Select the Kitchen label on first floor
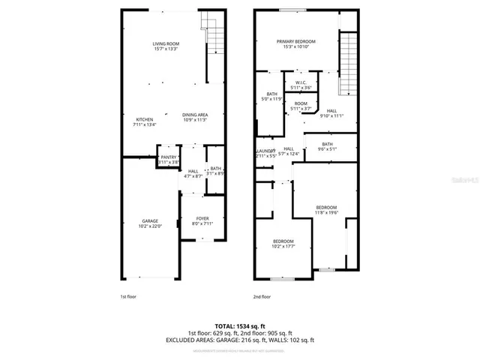coord(145,122)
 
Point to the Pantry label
coord(169,159)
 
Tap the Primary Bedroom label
coord(295,44)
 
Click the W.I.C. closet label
coord(300,85)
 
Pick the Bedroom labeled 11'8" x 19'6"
coord(325,210)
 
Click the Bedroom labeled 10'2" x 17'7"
coord(283,243)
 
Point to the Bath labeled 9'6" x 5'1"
coord(327,146)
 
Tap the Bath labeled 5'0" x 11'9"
coord(270,96)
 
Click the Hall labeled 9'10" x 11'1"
coord(331,113)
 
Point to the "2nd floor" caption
coord(261,297)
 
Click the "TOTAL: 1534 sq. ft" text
coord(240,325)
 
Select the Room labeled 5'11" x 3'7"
coord(300,106)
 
